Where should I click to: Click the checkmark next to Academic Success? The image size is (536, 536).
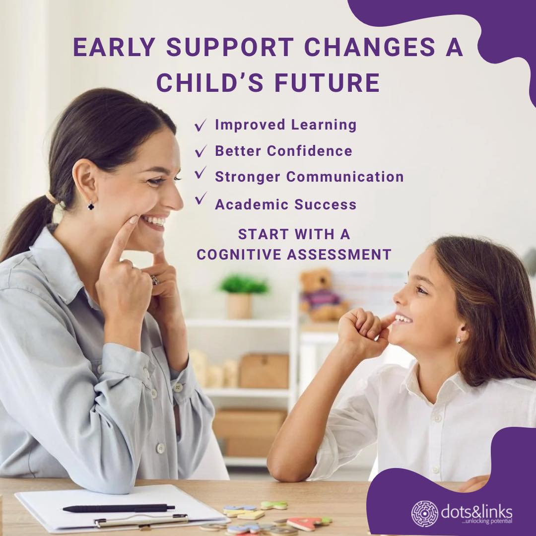point(201,199)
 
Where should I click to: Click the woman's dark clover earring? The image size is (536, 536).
point(91,204)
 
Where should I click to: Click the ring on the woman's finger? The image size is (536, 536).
point(155,280)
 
